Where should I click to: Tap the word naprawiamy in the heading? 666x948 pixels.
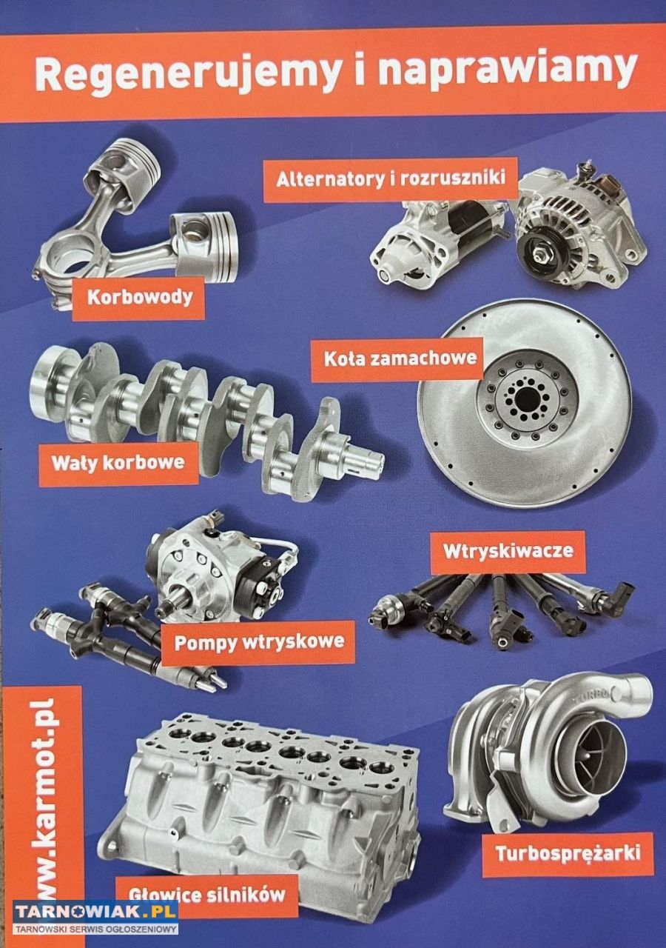tap(508, 72)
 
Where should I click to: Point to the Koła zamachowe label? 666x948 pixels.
tap(397, 359)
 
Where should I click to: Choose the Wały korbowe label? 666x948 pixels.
tap(119, 463)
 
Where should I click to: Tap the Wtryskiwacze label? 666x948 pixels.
tap(508, 552)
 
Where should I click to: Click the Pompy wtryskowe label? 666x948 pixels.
tap(259, 642)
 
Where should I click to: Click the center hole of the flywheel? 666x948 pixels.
tap(525, 399)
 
